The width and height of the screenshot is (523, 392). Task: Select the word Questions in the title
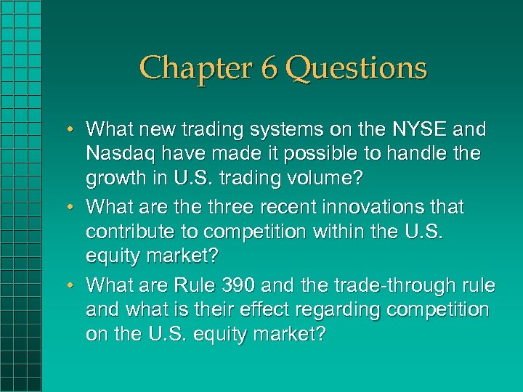[x=356, y=68]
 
